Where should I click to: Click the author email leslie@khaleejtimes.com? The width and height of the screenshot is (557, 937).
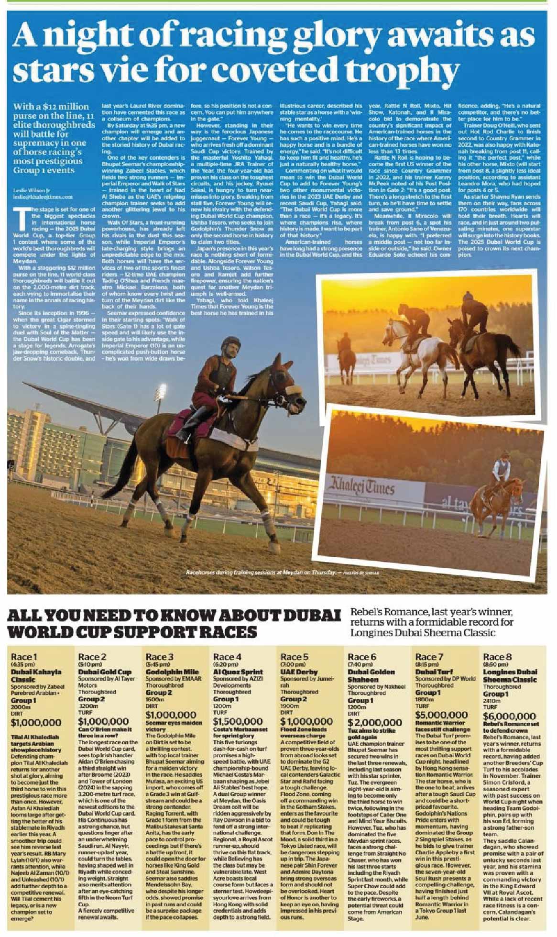43,197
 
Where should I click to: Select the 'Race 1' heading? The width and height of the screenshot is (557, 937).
24,657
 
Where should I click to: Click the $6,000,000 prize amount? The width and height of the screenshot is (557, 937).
509,716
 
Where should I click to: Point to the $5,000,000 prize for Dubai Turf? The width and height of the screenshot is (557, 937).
441,715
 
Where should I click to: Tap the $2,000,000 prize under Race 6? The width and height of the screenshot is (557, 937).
374,722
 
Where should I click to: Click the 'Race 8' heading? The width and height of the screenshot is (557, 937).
497,657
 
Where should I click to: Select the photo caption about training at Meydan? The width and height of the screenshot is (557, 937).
282,573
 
